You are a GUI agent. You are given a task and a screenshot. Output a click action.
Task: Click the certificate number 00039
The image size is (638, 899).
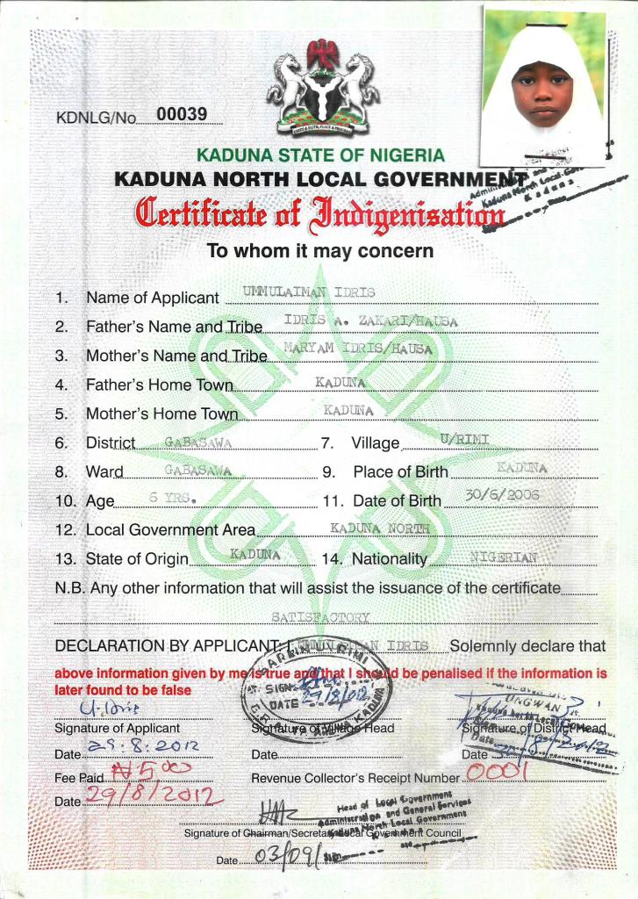(181, 113)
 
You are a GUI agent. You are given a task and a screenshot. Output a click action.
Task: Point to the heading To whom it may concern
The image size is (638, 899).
(319, 251)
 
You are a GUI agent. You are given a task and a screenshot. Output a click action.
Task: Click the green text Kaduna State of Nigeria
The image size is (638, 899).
(320, 155)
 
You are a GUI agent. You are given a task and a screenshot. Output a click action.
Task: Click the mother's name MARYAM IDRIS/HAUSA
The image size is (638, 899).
(358, 349)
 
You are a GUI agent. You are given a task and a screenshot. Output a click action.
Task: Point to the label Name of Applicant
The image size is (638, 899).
(152, 298)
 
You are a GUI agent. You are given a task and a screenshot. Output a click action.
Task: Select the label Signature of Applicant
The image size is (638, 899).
(117, 728)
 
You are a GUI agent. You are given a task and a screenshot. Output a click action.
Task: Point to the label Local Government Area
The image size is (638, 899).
(170, 530)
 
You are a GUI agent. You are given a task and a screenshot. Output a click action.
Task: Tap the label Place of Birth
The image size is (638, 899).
(400, 472)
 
